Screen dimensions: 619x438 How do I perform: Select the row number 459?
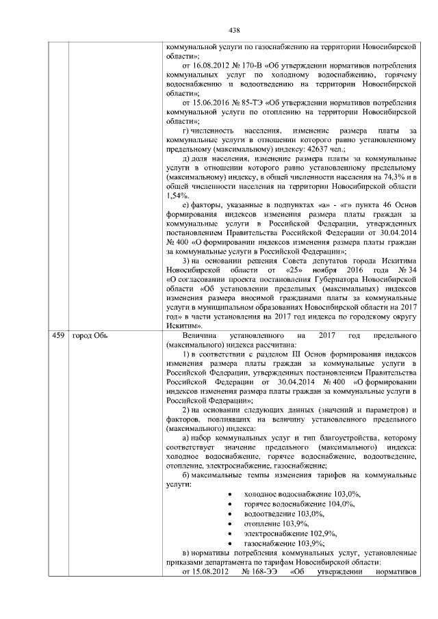pos(59,335)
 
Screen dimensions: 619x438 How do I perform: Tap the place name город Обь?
pos(90,335)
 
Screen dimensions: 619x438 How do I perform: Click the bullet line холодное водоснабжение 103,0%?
pos(302,493)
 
